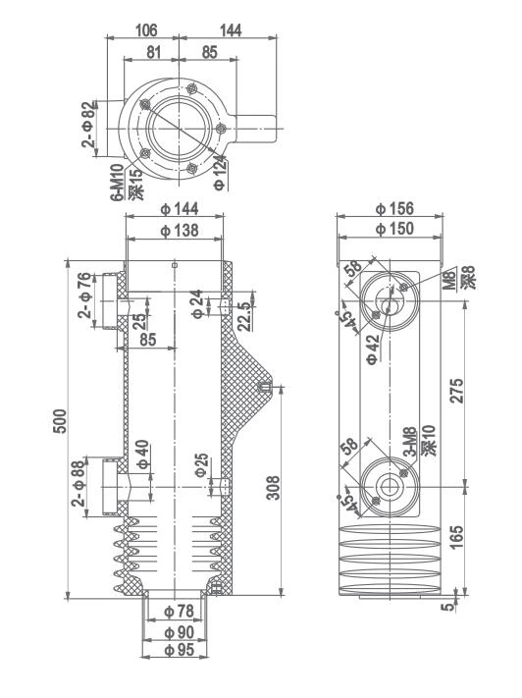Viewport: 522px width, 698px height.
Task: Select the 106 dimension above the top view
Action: point(144,32)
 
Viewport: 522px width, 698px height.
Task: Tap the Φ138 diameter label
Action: point(178,230)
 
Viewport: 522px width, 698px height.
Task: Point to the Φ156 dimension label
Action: point(392,209)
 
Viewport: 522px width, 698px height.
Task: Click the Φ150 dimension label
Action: point(392,229)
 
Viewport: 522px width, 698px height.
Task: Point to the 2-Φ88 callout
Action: point(81,484)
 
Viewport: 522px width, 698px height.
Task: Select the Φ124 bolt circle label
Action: point(220,173)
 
